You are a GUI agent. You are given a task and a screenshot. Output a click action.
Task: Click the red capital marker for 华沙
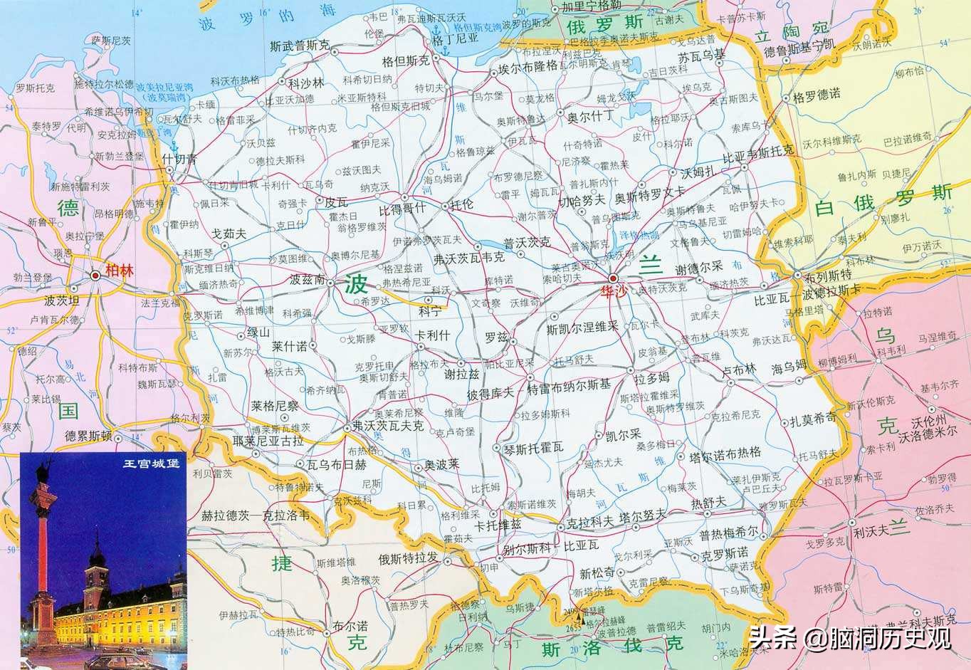tap(614, 278)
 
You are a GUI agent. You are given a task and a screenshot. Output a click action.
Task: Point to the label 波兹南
tap(308, 279)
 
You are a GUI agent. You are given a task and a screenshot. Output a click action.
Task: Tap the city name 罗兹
tap(496, 335)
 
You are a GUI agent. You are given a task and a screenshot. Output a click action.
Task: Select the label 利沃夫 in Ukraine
tap(873, 530)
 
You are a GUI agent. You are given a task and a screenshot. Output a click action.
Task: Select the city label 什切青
tap(179, 159)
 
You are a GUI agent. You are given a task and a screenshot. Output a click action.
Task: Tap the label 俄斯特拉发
tap(409, 558)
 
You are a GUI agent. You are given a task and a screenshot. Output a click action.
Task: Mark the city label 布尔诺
tap(351, 625)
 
